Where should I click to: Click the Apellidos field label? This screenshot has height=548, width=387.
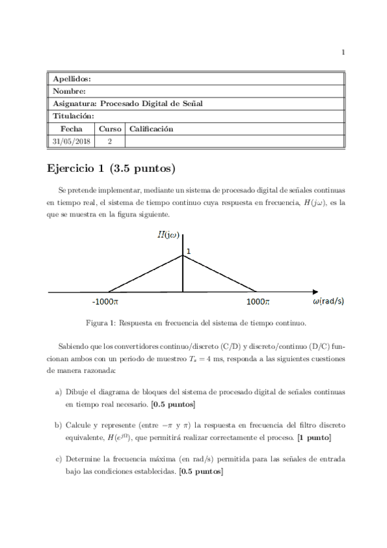72,78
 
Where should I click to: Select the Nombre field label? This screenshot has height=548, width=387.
69,91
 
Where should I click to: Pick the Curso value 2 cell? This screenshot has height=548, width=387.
110,140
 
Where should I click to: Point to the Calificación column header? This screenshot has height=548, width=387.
151,129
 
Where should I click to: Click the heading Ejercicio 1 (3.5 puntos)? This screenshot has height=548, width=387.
112,169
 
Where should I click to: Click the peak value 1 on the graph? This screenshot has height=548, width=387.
188,250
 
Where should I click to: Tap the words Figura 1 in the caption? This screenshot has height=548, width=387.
103,322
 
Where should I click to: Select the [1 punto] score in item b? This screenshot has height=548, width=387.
314,437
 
